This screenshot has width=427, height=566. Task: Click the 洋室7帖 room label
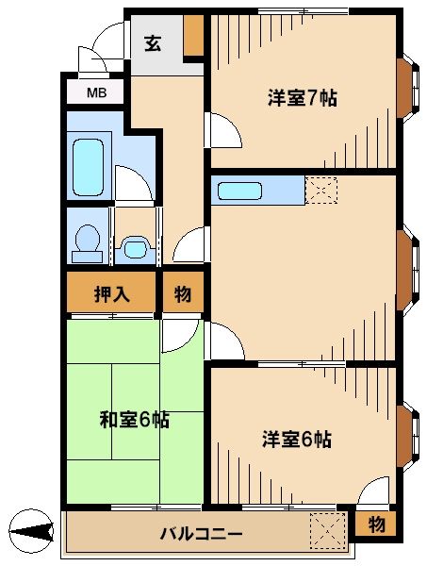(x=302, y=98)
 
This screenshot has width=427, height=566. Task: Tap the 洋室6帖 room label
(x=297, y=439)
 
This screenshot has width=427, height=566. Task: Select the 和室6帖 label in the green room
(x=135, y=420)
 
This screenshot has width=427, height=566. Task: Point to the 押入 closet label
(x=111, y=293)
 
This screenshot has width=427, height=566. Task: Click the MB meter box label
(x=96, y=92)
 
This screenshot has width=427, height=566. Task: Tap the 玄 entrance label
(x=153, y=43)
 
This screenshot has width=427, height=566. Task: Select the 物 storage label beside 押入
(x=183, y=293)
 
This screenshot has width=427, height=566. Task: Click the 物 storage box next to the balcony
(x=376, y=523)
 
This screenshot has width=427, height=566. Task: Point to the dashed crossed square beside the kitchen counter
(x=321, y=191)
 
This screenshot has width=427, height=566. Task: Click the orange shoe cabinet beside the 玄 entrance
(x=194, y=35)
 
